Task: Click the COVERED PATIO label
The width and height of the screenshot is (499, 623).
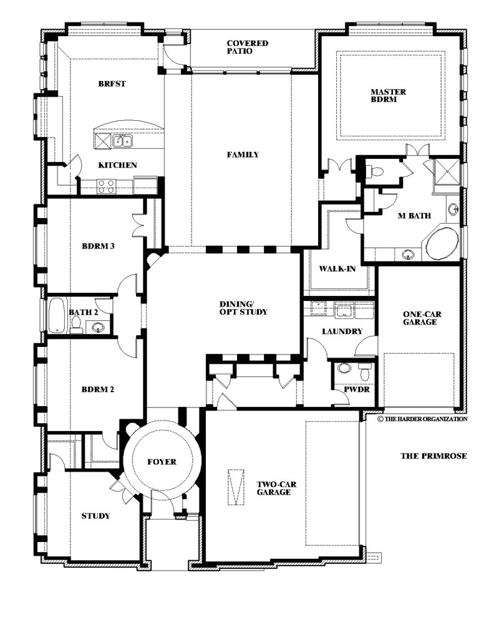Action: coord(248,47)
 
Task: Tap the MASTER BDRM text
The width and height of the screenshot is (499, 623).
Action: coord(388,95)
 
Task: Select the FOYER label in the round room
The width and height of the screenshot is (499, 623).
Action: coord(162,462)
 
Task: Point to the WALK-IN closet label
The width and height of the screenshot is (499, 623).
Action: coord(337,269)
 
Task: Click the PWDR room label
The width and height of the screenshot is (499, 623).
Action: coord(357,389)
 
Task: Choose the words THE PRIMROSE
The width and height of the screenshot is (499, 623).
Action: coord(434,456)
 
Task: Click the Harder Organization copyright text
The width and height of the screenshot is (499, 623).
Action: coord(423,419)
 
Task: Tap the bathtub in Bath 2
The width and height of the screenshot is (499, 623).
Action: coord(56,315)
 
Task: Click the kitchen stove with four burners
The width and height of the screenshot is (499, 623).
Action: coord(106,187)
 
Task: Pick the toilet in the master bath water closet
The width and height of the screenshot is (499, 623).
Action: coord(373,172)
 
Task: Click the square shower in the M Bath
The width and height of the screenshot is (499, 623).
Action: coord(446,171)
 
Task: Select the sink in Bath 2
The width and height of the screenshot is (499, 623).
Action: coord(98,328)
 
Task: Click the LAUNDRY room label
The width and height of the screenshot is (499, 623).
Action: coord(342,331)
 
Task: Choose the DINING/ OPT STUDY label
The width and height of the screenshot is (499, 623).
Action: coord(243,308)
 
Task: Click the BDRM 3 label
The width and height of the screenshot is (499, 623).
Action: coord(98,246)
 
